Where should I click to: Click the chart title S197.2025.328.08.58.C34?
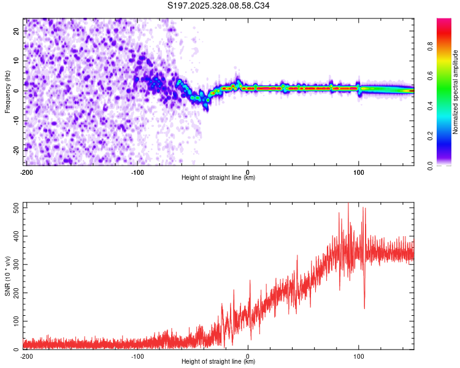(219, 6)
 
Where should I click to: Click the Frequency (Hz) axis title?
(7, 91)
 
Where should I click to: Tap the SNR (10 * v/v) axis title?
(7, 277)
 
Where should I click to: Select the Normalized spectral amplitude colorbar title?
(456, 92)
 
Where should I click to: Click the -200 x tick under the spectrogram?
(26, 172)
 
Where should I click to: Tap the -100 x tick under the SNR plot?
(137, 356)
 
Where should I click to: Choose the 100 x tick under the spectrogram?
(359, 172)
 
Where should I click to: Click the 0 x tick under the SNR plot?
(248, 356)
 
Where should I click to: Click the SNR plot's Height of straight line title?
(218, 362)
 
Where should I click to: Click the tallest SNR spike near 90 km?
(348, 204)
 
